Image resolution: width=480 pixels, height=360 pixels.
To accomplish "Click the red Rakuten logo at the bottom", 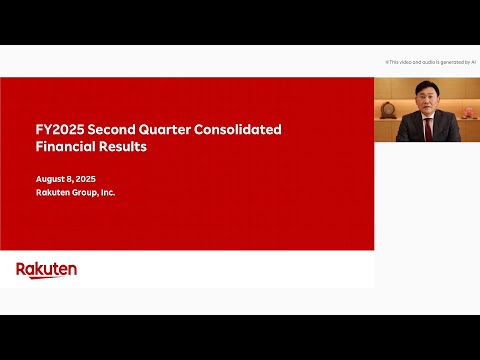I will click(x=46, y=269).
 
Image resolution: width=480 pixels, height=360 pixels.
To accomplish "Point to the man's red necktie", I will click(x=428, y=130).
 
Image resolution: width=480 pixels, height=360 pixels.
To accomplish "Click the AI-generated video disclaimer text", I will click(x=430, y=61).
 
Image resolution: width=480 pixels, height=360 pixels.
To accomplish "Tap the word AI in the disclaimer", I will click(x=473, y=61).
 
